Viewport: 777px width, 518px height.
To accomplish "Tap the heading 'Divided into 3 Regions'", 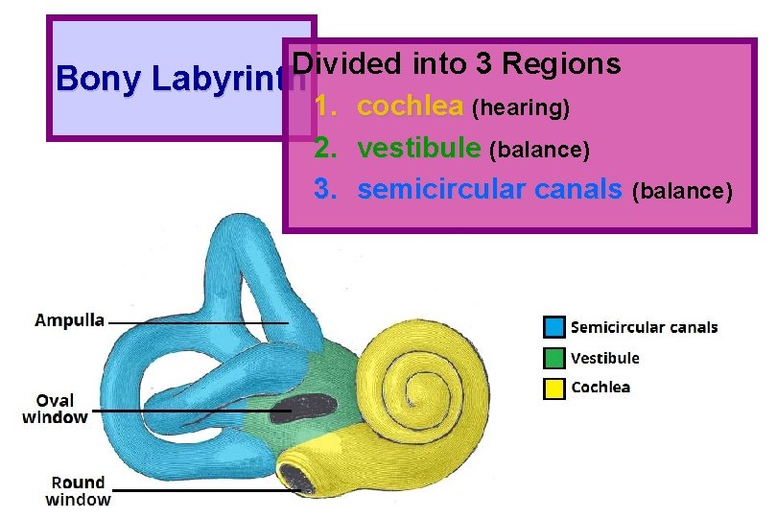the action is point(457,64).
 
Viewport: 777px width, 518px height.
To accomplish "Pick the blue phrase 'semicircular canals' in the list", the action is point(489,190).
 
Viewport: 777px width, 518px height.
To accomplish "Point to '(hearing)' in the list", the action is point(523,108).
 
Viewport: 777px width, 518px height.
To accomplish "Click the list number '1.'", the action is point(326,106).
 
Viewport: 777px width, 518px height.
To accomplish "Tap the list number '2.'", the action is point(326,148).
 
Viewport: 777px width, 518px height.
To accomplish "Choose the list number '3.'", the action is point(326,190).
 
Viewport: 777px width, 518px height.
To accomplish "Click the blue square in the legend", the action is point(553,327).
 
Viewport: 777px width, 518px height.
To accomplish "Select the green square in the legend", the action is point(553,358).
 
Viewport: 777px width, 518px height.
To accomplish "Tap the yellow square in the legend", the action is point(553,388).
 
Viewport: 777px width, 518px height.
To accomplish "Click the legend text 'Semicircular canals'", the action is point(644,327).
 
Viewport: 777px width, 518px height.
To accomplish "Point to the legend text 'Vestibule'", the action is point(604,358).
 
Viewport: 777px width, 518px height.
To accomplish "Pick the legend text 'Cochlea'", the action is point(600,388).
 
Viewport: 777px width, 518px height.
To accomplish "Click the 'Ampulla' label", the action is point(69,320).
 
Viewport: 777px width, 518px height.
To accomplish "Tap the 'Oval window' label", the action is point(55,408).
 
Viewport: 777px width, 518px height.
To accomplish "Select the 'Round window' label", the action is point(79,490).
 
